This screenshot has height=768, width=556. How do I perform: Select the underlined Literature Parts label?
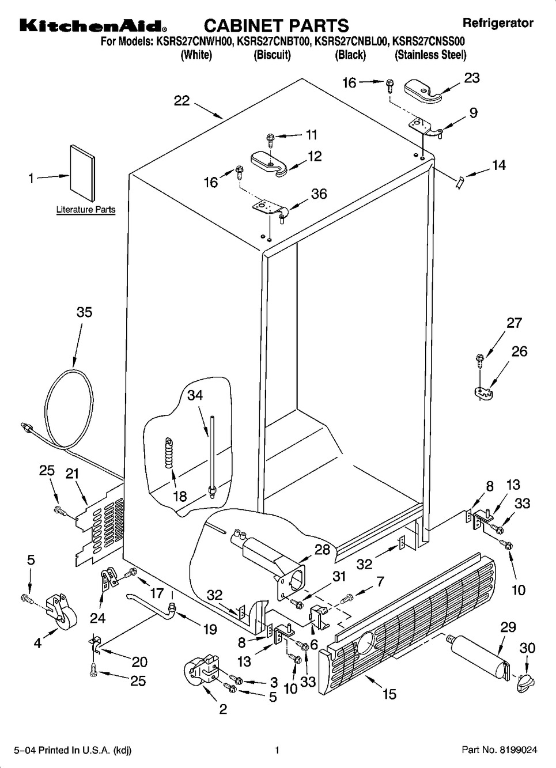tap(86, 209)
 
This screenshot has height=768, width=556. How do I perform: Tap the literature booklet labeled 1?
tap(82, 173)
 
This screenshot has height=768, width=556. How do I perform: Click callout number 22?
tap(181, 101)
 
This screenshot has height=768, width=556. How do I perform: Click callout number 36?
tap(319, 194)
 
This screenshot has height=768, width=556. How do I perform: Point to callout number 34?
tap(195, 395)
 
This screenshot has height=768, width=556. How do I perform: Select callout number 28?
tap(322, 550)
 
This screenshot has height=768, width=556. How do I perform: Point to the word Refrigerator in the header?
tap(498, 23)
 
